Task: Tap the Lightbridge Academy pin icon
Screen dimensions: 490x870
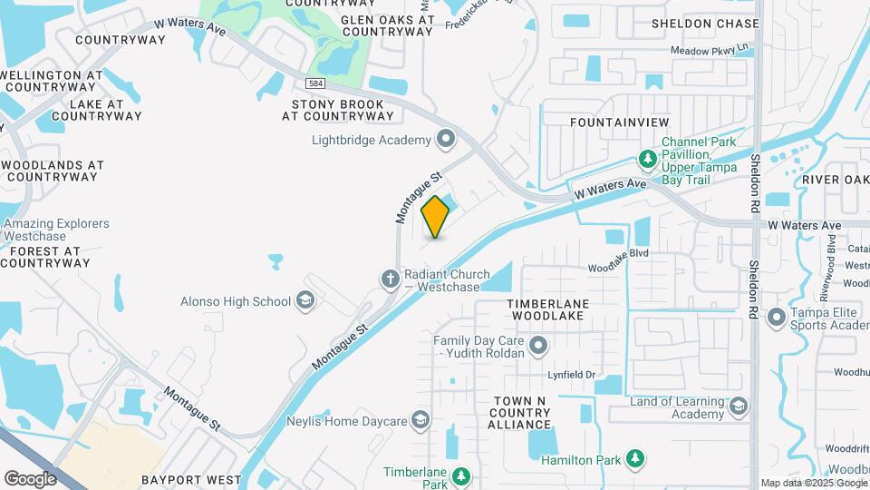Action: (x=446, y=140)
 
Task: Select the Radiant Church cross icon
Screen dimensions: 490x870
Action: (x=390, y=278)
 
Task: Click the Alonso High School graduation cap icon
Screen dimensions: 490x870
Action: (x=306, y=301)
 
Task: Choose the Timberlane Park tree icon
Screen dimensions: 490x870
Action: (x=461, y=475)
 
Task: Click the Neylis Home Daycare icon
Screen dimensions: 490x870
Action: (x=420, y=419)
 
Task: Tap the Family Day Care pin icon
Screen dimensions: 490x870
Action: (x=538, y=346)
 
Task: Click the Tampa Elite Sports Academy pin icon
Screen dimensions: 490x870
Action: (x=776, y=318)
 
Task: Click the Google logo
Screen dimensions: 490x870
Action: (x=31, y=478)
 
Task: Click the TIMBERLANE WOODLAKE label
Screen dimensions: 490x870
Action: (x=547, y=309)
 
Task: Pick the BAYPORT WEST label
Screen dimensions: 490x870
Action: (x=191, y=479)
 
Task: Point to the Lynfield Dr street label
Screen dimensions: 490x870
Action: (x=570, y=374)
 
